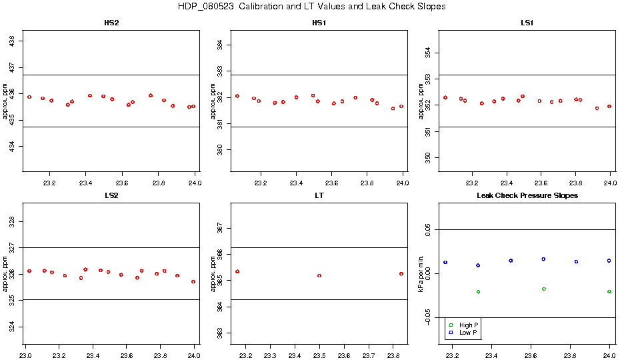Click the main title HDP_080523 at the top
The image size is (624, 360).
311,7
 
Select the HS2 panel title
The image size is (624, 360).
112,23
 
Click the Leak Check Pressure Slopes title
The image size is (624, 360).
527,195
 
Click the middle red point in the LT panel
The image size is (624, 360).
319,275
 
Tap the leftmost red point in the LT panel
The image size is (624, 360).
237,271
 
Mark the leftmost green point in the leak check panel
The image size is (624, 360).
478,292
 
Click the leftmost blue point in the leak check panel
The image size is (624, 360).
445,262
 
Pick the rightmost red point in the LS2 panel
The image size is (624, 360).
193,281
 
